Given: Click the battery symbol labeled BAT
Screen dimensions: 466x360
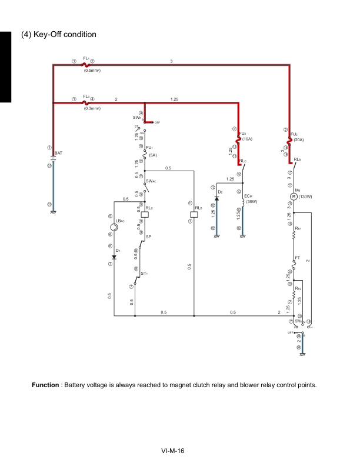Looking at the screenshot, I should pos(54,158).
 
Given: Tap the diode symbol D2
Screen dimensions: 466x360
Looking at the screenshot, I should pos(216,198).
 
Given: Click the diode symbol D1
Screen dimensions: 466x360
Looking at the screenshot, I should pos(114,257).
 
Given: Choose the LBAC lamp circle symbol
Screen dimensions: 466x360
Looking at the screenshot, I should pos(114,227).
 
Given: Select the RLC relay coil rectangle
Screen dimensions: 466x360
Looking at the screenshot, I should pos(145,214).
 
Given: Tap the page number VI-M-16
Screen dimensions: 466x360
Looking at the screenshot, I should pos(174,451).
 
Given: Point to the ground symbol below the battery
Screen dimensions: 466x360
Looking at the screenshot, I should pos(54,212).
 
